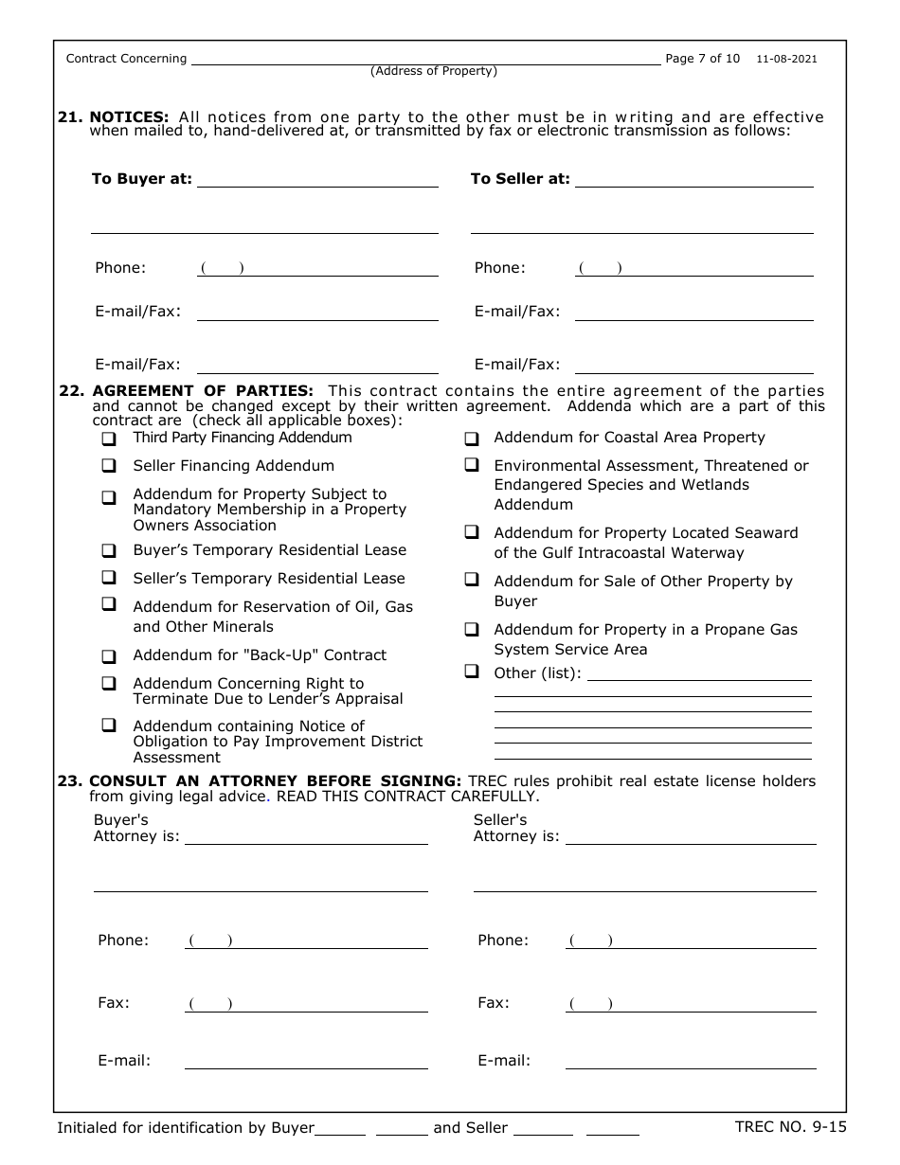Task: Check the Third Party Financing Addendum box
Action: click(x=110, y=439)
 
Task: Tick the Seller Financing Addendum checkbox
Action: click(x=110, y=466)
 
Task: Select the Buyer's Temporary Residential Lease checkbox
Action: click(x=110, y=550)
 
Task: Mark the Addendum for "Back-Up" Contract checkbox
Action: click(x=110, y=655)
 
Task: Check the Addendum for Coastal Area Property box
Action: click(x=471, y=439)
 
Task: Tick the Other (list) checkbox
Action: click(x=471, y=672)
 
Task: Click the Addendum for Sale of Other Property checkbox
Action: click(x=471, y=580)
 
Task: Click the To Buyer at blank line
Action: click(x=317, y=180)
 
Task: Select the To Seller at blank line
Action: click(x=694, y=180)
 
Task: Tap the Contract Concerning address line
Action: click(x=426, y=59)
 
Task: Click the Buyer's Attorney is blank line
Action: click(x=306, y=837)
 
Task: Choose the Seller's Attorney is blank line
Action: click(x=691, y=837)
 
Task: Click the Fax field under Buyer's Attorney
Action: click(x=306, y=1004)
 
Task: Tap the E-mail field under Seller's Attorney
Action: click(x=691, y=1062)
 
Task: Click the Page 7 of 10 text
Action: click(x=703, y=59)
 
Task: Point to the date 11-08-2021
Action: click(x=786, y=59)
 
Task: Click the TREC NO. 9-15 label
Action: click(x=790, y=1127)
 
